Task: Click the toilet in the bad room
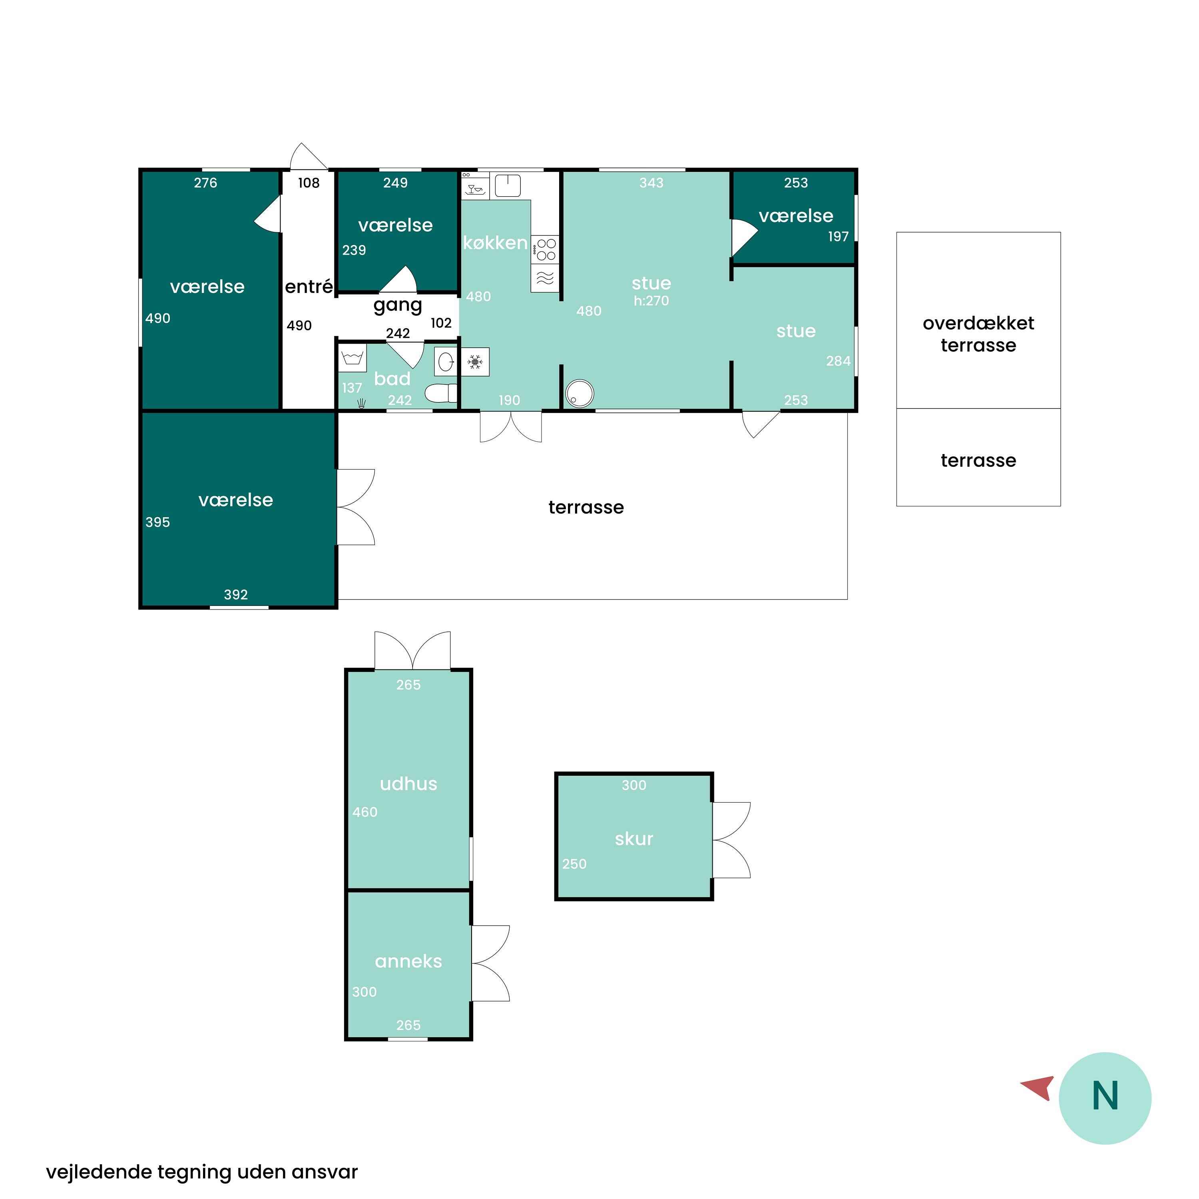[441, 393]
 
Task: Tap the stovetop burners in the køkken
[546, 249]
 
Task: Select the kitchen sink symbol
[508, 185]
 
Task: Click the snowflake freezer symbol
[475, 362]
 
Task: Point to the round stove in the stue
[579, 393]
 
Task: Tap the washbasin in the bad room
[446, 362]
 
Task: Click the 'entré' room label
[309, 286]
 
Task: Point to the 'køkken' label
[495, 243]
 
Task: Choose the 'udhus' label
[408, 783]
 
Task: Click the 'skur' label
[633, 839]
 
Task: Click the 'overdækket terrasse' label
[978, 334]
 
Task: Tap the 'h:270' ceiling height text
[651, 301]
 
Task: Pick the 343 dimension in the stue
[651, 183]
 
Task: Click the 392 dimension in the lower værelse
[236, 595]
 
